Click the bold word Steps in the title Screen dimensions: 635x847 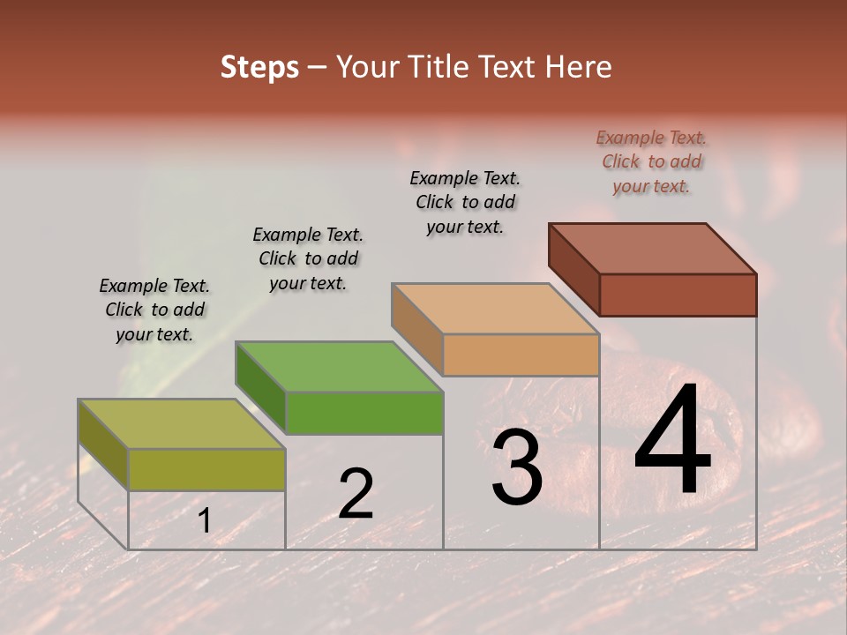tap(259, 67)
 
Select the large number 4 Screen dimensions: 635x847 tap(673, 441)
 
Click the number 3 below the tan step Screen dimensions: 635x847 tap(517, 468)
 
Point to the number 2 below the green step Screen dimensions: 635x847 tap(356, 494)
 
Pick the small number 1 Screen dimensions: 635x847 tap(204, 521)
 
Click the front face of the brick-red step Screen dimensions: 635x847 tap(678, 295)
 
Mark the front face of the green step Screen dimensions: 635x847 tap(364, 413)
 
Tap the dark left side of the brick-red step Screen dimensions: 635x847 tap(573, 269)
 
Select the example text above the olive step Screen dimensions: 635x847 tap(154, 310)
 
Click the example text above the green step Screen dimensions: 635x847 tap(308, 258)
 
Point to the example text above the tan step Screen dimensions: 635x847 tap(465, 202)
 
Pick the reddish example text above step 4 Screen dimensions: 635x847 tap(651, 161)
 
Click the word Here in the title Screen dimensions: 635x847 tap(579, 67)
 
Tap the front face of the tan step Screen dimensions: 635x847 tap(521, 355)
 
